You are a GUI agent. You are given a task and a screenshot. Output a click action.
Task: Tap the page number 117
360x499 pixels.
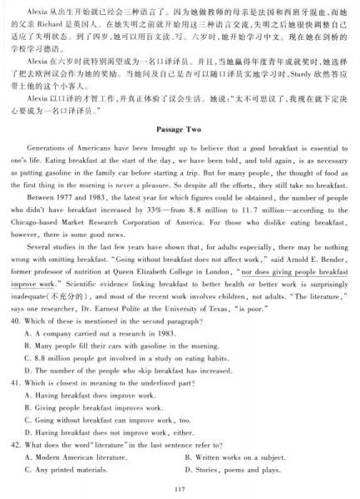pos(180,488)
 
